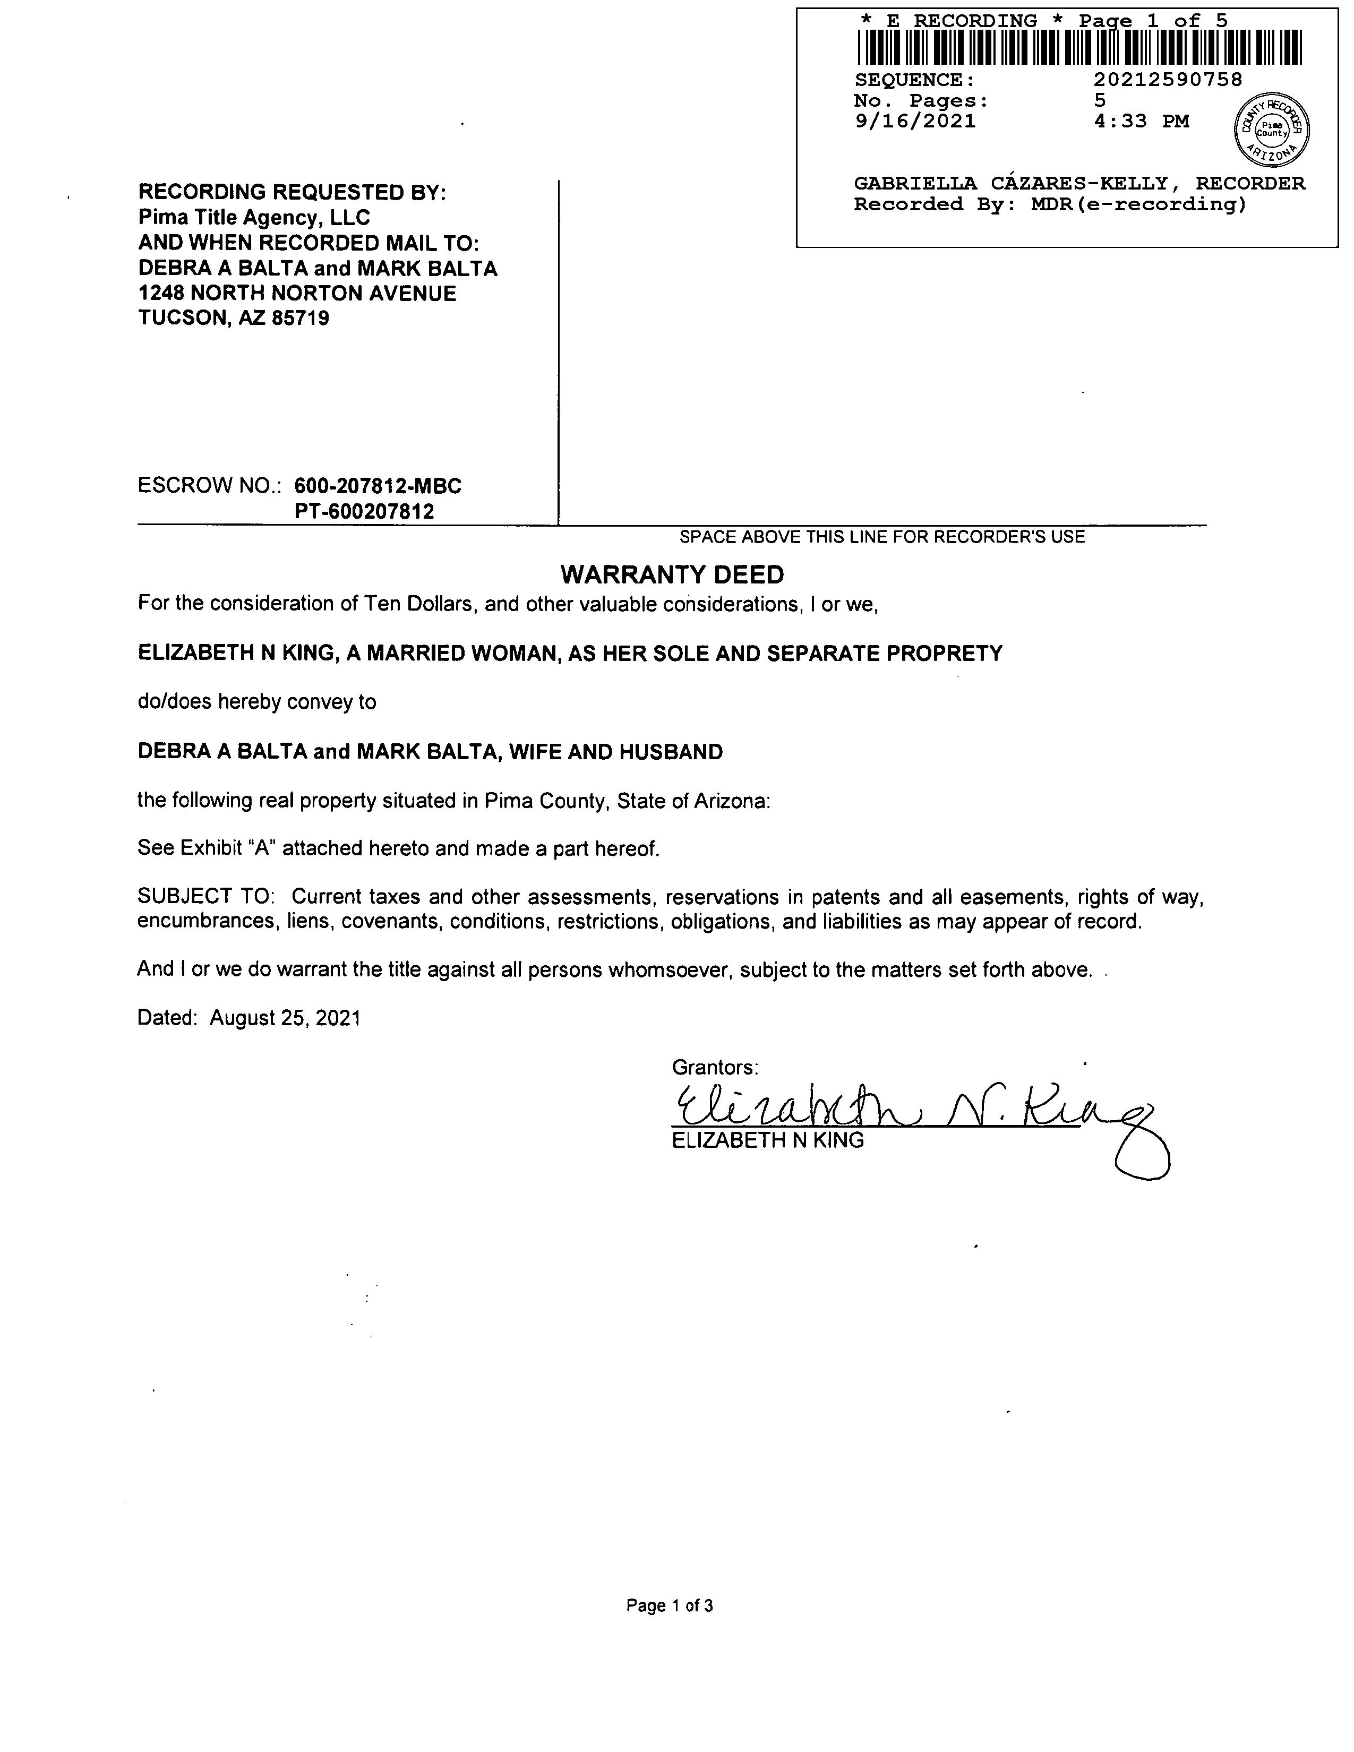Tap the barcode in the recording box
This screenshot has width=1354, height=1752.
[x=1079, y=47]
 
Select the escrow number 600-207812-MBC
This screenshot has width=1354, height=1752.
[x=378, y=486]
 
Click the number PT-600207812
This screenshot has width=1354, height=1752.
[x=364, y=512]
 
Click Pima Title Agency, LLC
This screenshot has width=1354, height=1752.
[x=254, y=217]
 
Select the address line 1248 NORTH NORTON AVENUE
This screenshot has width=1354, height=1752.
[x=297, y=294]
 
